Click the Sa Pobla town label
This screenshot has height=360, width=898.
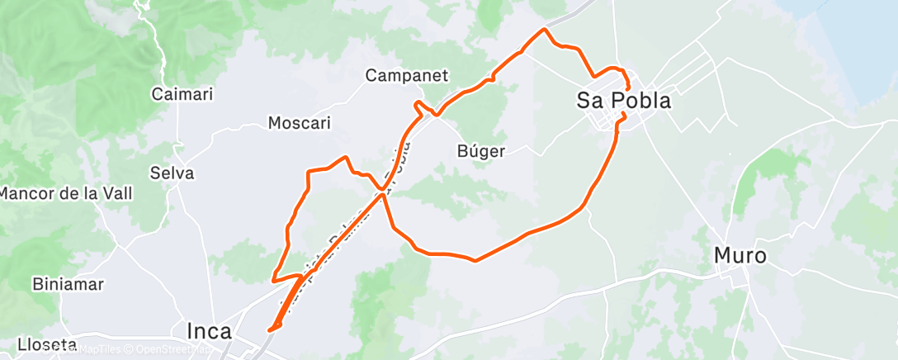(623, 101)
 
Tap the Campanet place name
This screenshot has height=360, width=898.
(407, 76)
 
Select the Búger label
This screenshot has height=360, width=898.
(480, 151)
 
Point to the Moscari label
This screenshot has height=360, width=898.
(300, 123)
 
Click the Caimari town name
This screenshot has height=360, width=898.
(182, 94)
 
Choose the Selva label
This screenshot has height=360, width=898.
(173, 173)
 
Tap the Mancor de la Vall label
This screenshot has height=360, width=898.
(66, 193)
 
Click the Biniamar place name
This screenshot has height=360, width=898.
(68, 284)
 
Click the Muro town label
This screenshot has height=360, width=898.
(740, 256)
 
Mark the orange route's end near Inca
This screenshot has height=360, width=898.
(269, 329)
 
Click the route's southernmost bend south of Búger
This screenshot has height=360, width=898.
(475, 261)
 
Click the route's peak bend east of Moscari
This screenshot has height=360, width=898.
(345, 156)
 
